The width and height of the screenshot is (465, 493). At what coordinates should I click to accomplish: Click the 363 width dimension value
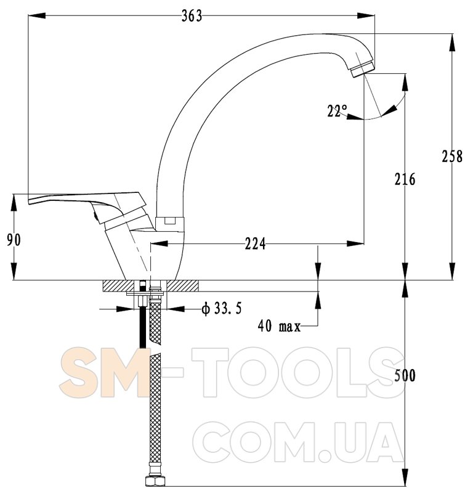click(x=192, y=16)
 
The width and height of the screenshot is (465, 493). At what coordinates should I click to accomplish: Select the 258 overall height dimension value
click(x=452, y=157)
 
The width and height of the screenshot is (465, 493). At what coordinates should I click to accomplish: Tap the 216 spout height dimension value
click(x=405, y=179)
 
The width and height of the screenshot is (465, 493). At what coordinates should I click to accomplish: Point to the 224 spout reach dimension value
click(x=255, y=243)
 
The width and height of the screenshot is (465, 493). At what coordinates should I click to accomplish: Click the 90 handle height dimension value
click(x=14, y=240)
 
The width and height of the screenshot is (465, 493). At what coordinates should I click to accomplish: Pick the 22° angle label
click(x=337, y=111)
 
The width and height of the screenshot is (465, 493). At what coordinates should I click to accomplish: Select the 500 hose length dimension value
click(x=405, y=375)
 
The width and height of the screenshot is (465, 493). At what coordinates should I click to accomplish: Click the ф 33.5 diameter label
click(x=222, y=309)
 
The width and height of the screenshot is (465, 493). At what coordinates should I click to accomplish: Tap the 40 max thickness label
click(x=279, y=326)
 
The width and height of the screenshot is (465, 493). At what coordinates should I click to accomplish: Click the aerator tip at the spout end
click(x=363, y=70)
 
